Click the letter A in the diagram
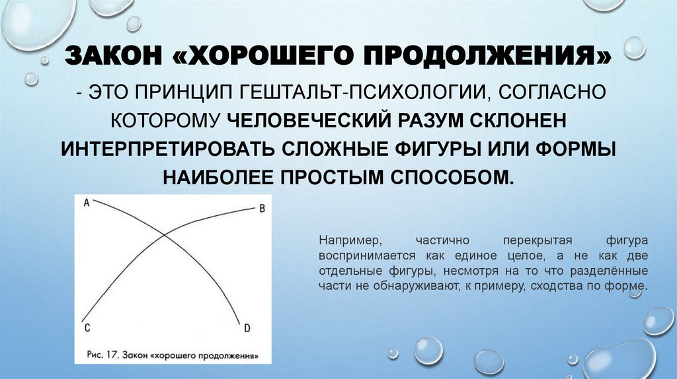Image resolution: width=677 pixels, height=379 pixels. coord(87,204)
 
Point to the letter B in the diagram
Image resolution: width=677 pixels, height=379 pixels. coord(260,209)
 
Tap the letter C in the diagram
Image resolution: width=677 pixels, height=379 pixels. coord(87,327)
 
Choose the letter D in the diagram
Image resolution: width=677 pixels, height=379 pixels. coord(246,327)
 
